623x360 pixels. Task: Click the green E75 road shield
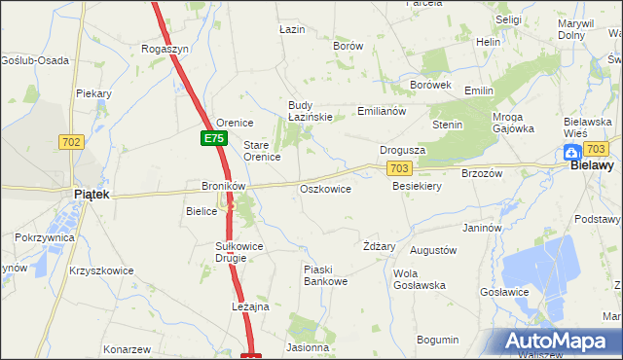214,139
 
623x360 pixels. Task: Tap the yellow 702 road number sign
71,142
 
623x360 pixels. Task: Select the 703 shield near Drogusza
397,168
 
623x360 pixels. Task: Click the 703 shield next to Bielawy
597,148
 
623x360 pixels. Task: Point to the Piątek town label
92,195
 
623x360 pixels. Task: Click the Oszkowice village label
325,189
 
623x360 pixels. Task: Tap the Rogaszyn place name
165,48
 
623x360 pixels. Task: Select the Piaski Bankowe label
325,275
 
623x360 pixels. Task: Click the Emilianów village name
381,111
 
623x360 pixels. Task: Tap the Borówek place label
431,85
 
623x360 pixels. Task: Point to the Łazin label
292,29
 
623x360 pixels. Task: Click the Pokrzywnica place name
45,237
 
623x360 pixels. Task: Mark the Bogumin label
437,340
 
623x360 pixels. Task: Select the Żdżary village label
379,246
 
